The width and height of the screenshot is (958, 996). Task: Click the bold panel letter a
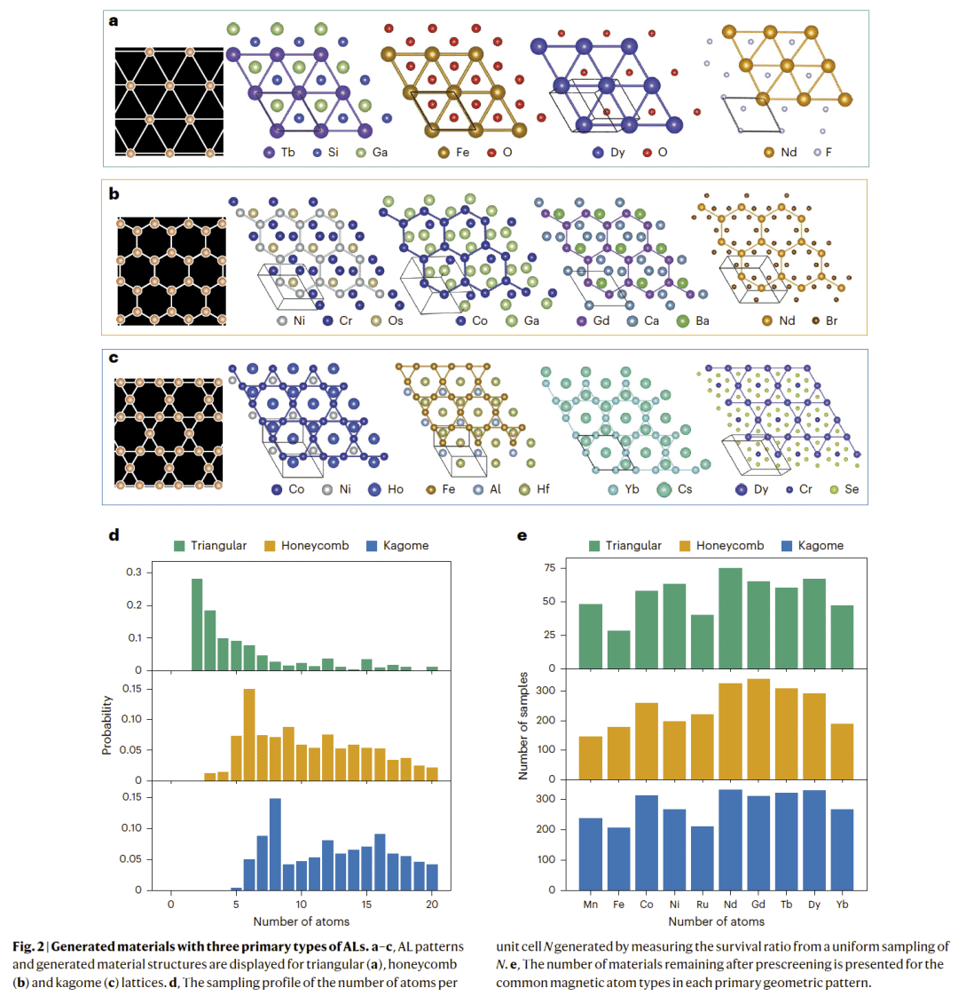pos(113,20)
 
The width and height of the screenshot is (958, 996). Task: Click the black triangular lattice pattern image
pos(169,101)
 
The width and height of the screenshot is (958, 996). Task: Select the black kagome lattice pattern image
pos(169,432)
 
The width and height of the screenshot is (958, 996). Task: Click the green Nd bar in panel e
pos(730,618)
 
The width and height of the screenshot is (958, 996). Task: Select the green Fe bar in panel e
pos(619,649)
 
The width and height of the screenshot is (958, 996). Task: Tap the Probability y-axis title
pos(107,725)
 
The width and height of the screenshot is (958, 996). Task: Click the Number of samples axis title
pos(523,725)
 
